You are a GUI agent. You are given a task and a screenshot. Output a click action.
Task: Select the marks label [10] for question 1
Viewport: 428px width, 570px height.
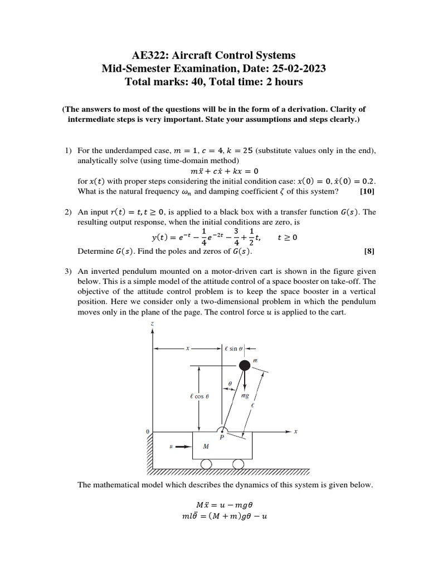coord(367,191)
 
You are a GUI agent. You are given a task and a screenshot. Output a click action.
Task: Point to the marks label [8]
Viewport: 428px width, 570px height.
coord(369,251)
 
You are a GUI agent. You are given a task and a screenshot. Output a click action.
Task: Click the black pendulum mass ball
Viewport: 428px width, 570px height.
coord(244,365)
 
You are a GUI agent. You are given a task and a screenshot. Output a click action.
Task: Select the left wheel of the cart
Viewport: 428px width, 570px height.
coord(206,464)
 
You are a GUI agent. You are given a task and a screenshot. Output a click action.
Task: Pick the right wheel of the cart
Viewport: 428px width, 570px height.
coord(238,464)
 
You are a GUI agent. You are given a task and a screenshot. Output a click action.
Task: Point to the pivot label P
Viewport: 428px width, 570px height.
coord(221,438)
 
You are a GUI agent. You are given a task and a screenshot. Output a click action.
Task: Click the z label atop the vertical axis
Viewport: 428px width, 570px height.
coord(152,324)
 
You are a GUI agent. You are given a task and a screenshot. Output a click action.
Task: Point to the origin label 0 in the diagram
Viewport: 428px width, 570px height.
coord(147,431)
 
